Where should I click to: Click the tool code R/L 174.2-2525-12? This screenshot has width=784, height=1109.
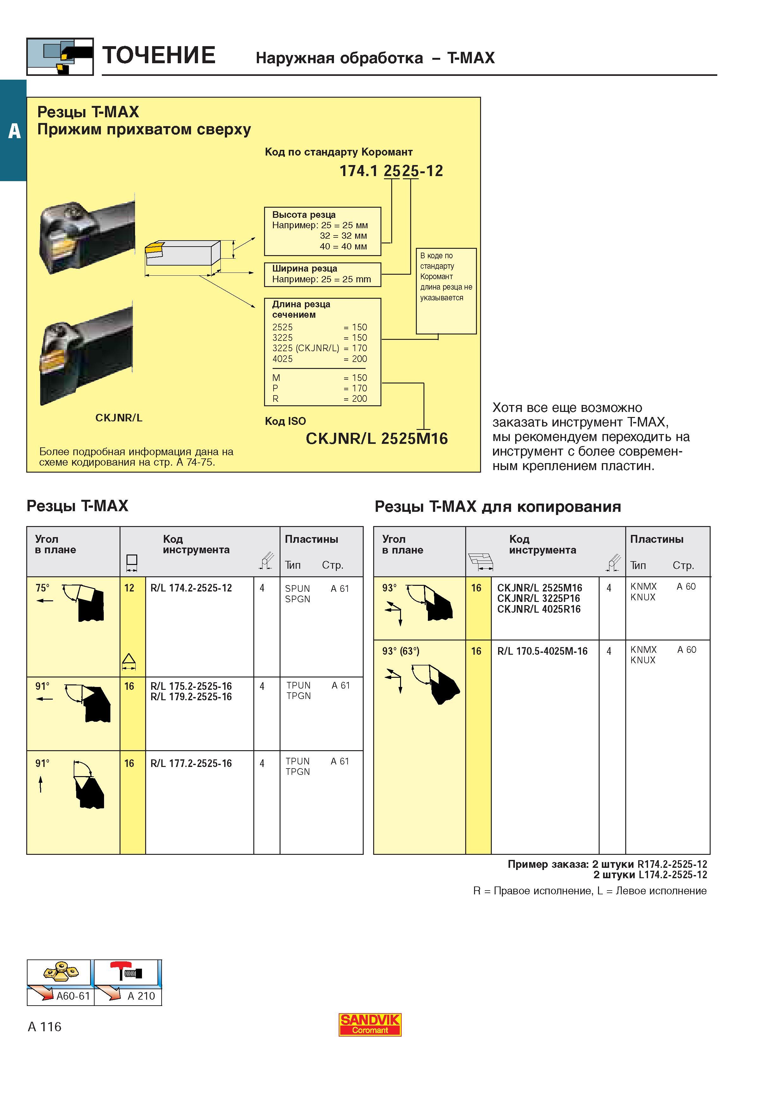pos(191,588)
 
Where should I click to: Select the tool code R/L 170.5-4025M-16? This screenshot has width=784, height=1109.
pos(542,651)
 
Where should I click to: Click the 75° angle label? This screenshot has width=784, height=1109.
pos(42,588)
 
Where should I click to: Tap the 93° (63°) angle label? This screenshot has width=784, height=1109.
pos(401,651)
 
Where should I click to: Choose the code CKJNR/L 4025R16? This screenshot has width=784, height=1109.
pos(539,609)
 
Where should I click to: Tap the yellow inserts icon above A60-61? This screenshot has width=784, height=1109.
pos(61,972)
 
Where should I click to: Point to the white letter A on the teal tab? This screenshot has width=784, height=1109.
pos(15,131)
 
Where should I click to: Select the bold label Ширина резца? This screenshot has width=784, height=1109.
pos(304,268)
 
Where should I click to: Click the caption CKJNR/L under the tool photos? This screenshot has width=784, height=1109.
pos(119,418)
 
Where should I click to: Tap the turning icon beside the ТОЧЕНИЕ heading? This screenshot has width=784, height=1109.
pos(60,57)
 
